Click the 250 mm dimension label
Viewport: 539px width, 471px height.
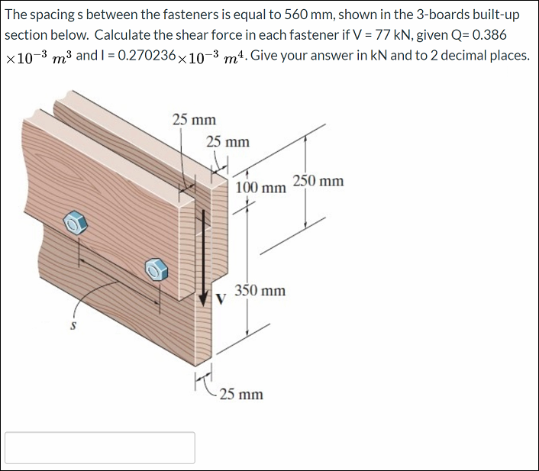tap(318, 181)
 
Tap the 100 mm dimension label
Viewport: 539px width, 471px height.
tap(260, 188)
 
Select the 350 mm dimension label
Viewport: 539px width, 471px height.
tap(260, 291)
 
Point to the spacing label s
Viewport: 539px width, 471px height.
tap(73, 325)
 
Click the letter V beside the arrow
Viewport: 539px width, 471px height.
tap(220, 299)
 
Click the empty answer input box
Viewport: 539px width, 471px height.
tap(100, 447)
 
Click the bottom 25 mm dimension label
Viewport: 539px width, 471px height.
tap(240, 395)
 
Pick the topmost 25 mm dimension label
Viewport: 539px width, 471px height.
tap(194, 120)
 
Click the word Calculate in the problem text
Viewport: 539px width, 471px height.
tap(126, 36)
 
